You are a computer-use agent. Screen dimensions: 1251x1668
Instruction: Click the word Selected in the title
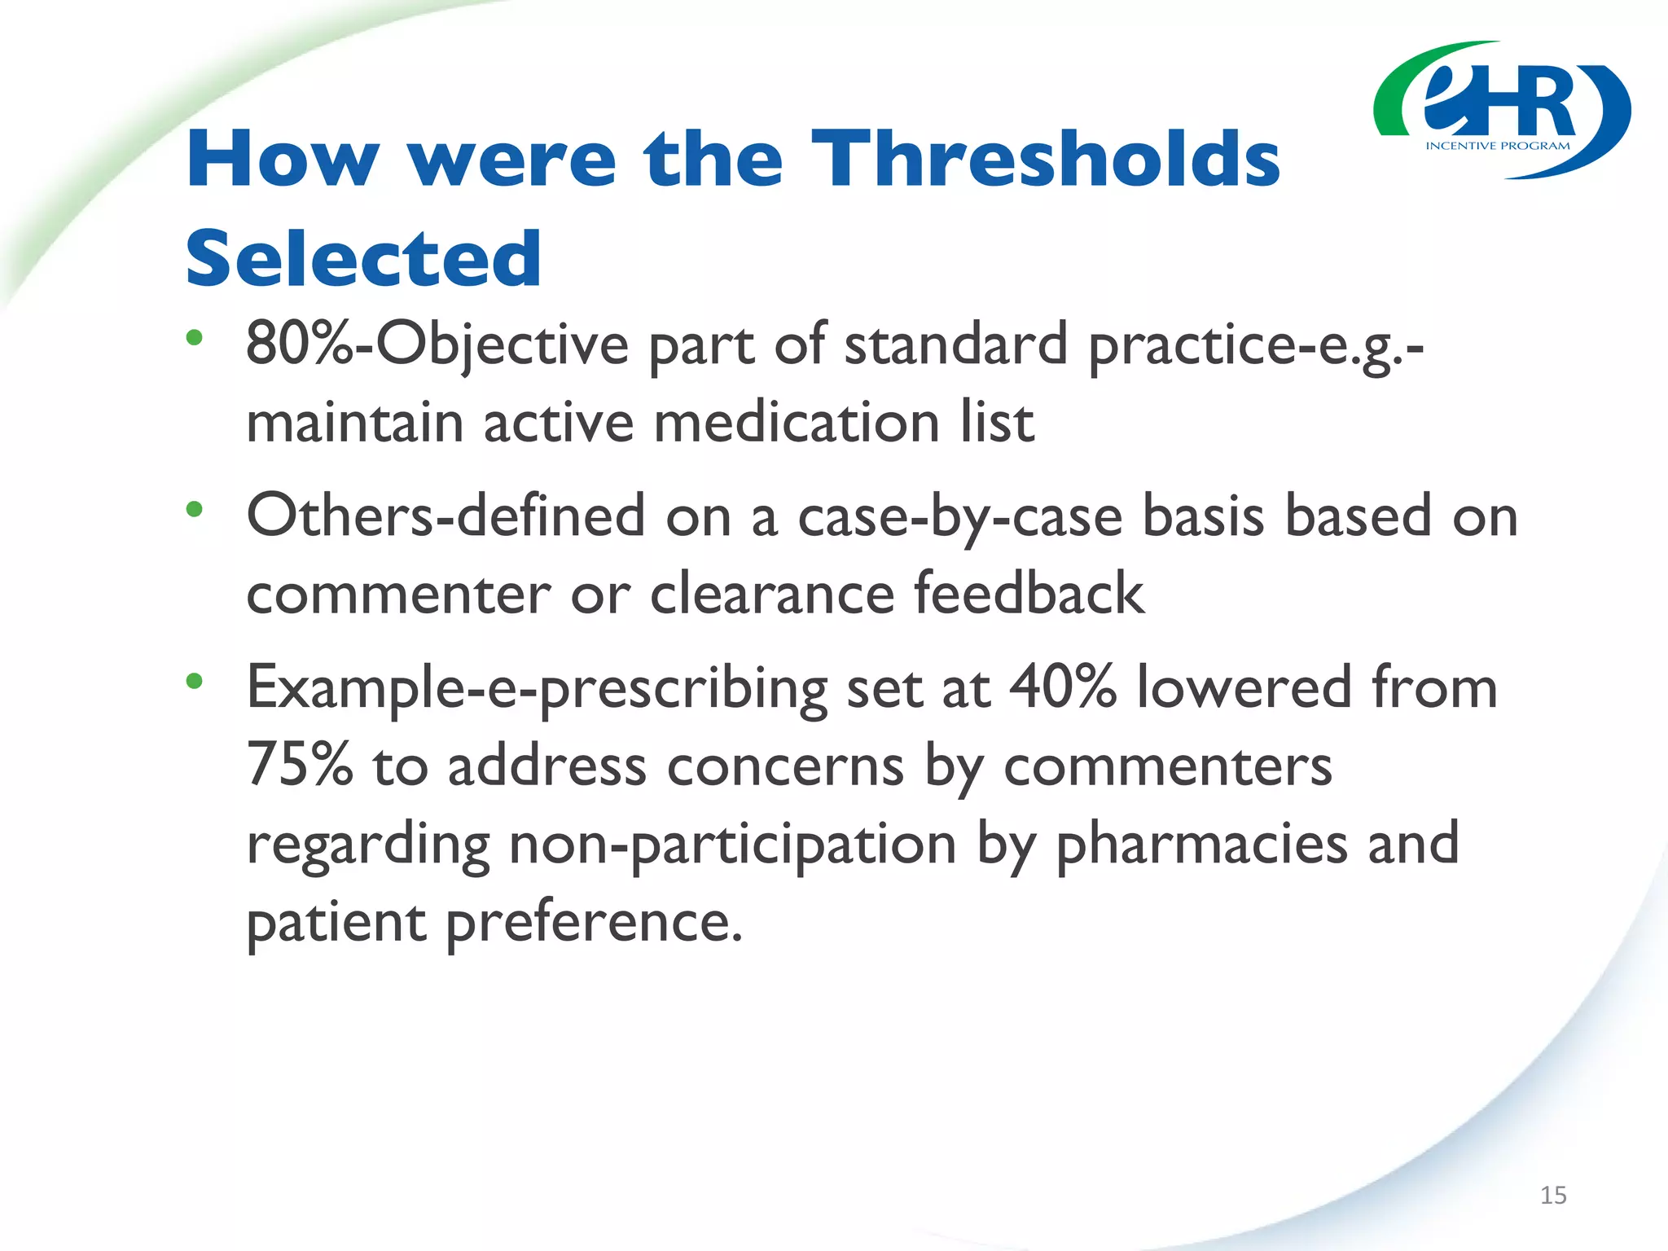coord(363,259)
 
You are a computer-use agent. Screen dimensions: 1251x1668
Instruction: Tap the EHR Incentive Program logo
coord(1501,111)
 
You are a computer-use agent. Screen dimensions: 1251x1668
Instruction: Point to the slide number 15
coord(1553,1195)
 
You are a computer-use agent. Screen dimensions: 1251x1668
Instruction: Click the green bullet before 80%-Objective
coord(194,337)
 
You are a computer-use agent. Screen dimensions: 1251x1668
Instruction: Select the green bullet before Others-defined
coord(194,510)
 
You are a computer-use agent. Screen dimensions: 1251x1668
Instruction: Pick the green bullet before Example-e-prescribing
coord(194,681)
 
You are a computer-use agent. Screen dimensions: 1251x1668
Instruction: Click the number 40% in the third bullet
coord(1062,687)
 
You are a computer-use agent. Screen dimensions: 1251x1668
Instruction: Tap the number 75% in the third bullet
coord(300,766)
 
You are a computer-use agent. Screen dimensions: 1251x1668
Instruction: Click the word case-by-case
coord(959,516)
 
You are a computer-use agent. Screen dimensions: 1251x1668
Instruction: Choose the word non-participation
coord(732,844)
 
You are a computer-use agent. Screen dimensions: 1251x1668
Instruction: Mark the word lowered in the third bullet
coord(1244,687)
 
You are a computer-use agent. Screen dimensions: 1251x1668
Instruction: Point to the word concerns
coord(785,766)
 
